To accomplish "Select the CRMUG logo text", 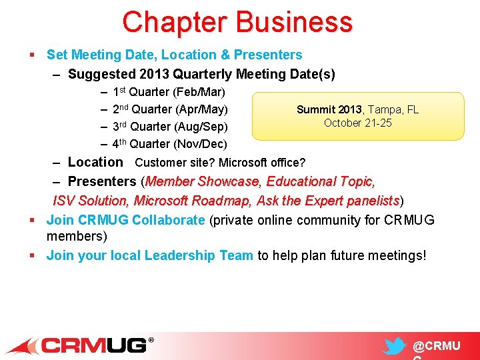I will pyautogui.click(x=95, y=345).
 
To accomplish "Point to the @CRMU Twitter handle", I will pyautogui.click(x=437, y=347).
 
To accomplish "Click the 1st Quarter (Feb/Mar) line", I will pyautogui.click(x=169, y=92).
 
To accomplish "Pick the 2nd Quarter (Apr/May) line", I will pyautogui.click(x=170, y=109).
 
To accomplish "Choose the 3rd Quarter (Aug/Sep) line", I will pyautogui.click(x=170, y=127).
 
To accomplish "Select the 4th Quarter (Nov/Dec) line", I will pyautogui.click(x=169, y=144).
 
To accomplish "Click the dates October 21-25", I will pyautogui.click(x=358, y=123).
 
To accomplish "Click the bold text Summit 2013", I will pyautogui.click(x=329, y=110).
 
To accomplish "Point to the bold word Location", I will pyautogui.click(x=95, y=162).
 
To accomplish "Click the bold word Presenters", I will pyautogui.click(x=102, y=181).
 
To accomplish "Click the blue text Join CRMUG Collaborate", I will pyautogui.click(x=125, y=221).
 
